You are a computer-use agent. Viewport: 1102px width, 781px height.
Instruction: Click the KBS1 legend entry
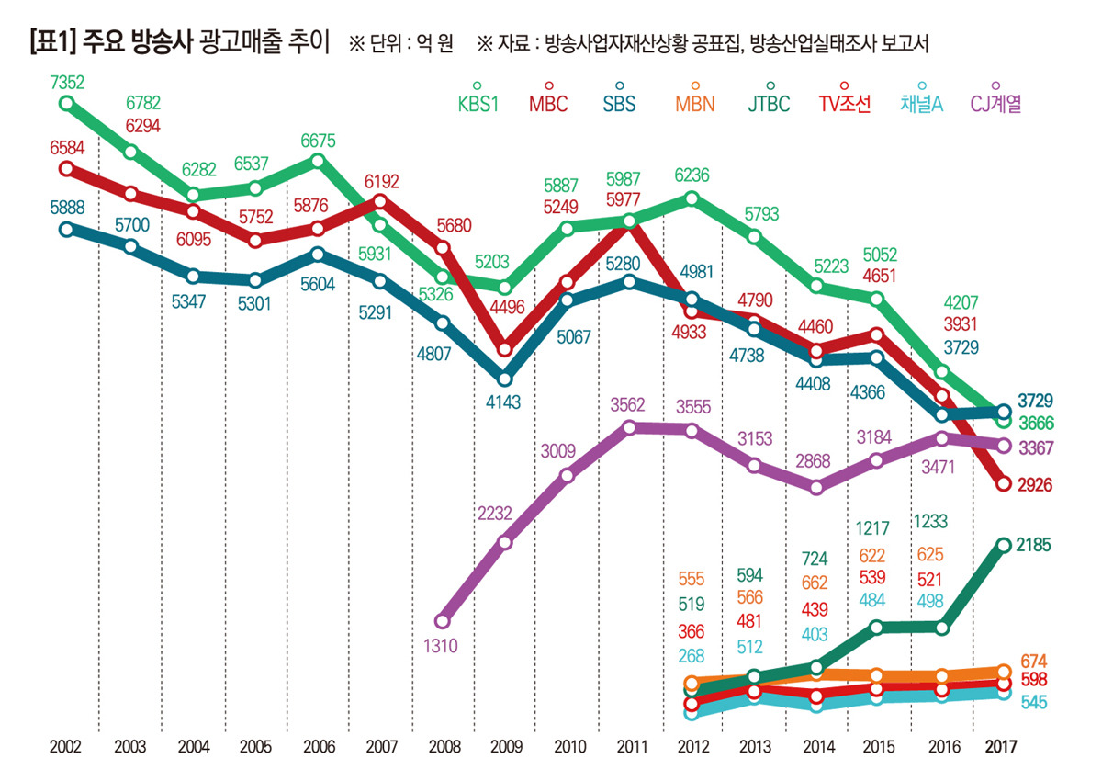click(478, 103)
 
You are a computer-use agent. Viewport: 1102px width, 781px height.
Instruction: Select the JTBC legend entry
click(769, 103)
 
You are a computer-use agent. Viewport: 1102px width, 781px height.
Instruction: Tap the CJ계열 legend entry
click(995, 103)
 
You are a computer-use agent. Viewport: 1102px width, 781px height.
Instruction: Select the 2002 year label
click(65, 746)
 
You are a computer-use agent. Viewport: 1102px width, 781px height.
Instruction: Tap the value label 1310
click(441, 646)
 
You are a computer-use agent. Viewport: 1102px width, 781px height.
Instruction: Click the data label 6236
click(691, 175)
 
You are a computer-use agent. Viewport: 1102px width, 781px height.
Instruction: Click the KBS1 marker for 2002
click(65, 103)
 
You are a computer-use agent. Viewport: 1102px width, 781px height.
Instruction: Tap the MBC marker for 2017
click(1002, 484)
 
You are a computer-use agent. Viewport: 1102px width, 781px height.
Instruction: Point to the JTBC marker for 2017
click(1002, 545)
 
